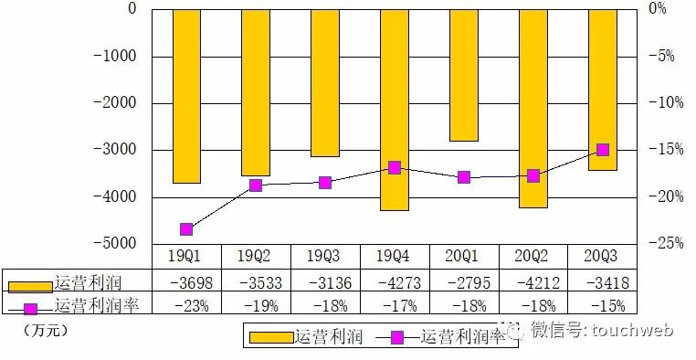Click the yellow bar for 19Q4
395,110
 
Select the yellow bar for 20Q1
464,75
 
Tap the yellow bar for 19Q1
186,96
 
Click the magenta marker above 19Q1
186,229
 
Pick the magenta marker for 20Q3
603,150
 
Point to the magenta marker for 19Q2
256,185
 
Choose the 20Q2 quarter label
533,257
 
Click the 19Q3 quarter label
325,257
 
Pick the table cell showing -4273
395,281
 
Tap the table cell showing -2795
464,281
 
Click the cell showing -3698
186,281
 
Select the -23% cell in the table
186,305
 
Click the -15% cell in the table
603,305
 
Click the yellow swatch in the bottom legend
271,337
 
